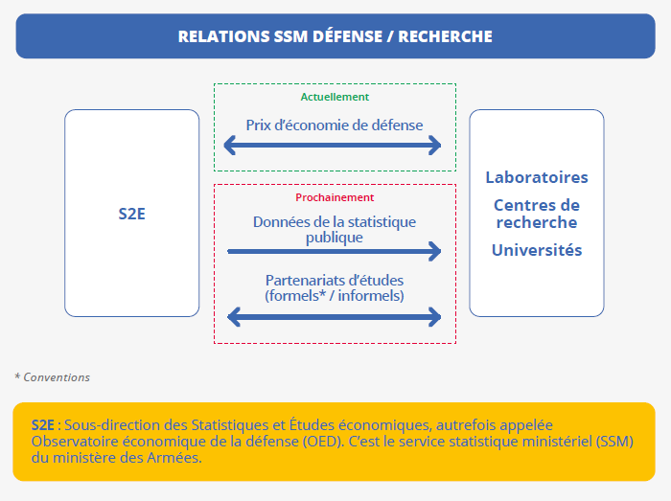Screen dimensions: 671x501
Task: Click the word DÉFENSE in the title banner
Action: click(x=347, y=36)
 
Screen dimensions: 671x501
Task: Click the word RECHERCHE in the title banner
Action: click(x=445, y=36)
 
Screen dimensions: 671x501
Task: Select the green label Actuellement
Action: click(x=335, y=97)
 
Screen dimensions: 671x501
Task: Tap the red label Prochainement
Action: click(x=335, y=197)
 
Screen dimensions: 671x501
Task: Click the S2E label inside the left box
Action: click(x=132, y=214)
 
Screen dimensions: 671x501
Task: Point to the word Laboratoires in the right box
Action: click(x=537, y=177)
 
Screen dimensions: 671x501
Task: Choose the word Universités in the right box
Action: click(x=537, y=250)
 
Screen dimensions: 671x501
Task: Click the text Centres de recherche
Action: click(x=537, y=214)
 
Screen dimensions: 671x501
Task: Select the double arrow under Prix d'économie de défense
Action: click(x=333, y=146)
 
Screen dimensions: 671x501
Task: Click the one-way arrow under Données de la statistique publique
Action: click(x=335, y=251)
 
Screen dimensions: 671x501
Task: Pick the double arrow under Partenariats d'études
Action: click(x=335, y=317)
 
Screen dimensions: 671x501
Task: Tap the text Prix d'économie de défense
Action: click(x=335, y=125)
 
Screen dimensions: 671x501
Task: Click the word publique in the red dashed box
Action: click(x=335, y=238)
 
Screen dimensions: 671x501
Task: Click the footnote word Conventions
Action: click(x=57, y=377)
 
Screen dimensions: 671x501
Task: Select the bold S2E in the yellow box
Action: click(x=43, y=425)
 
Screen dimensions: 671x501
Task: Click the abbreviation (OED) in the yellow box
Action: click(x=323, y=442)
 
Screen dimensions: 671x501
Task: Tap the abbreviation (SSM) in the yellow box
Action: click(x=615, y=442)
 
